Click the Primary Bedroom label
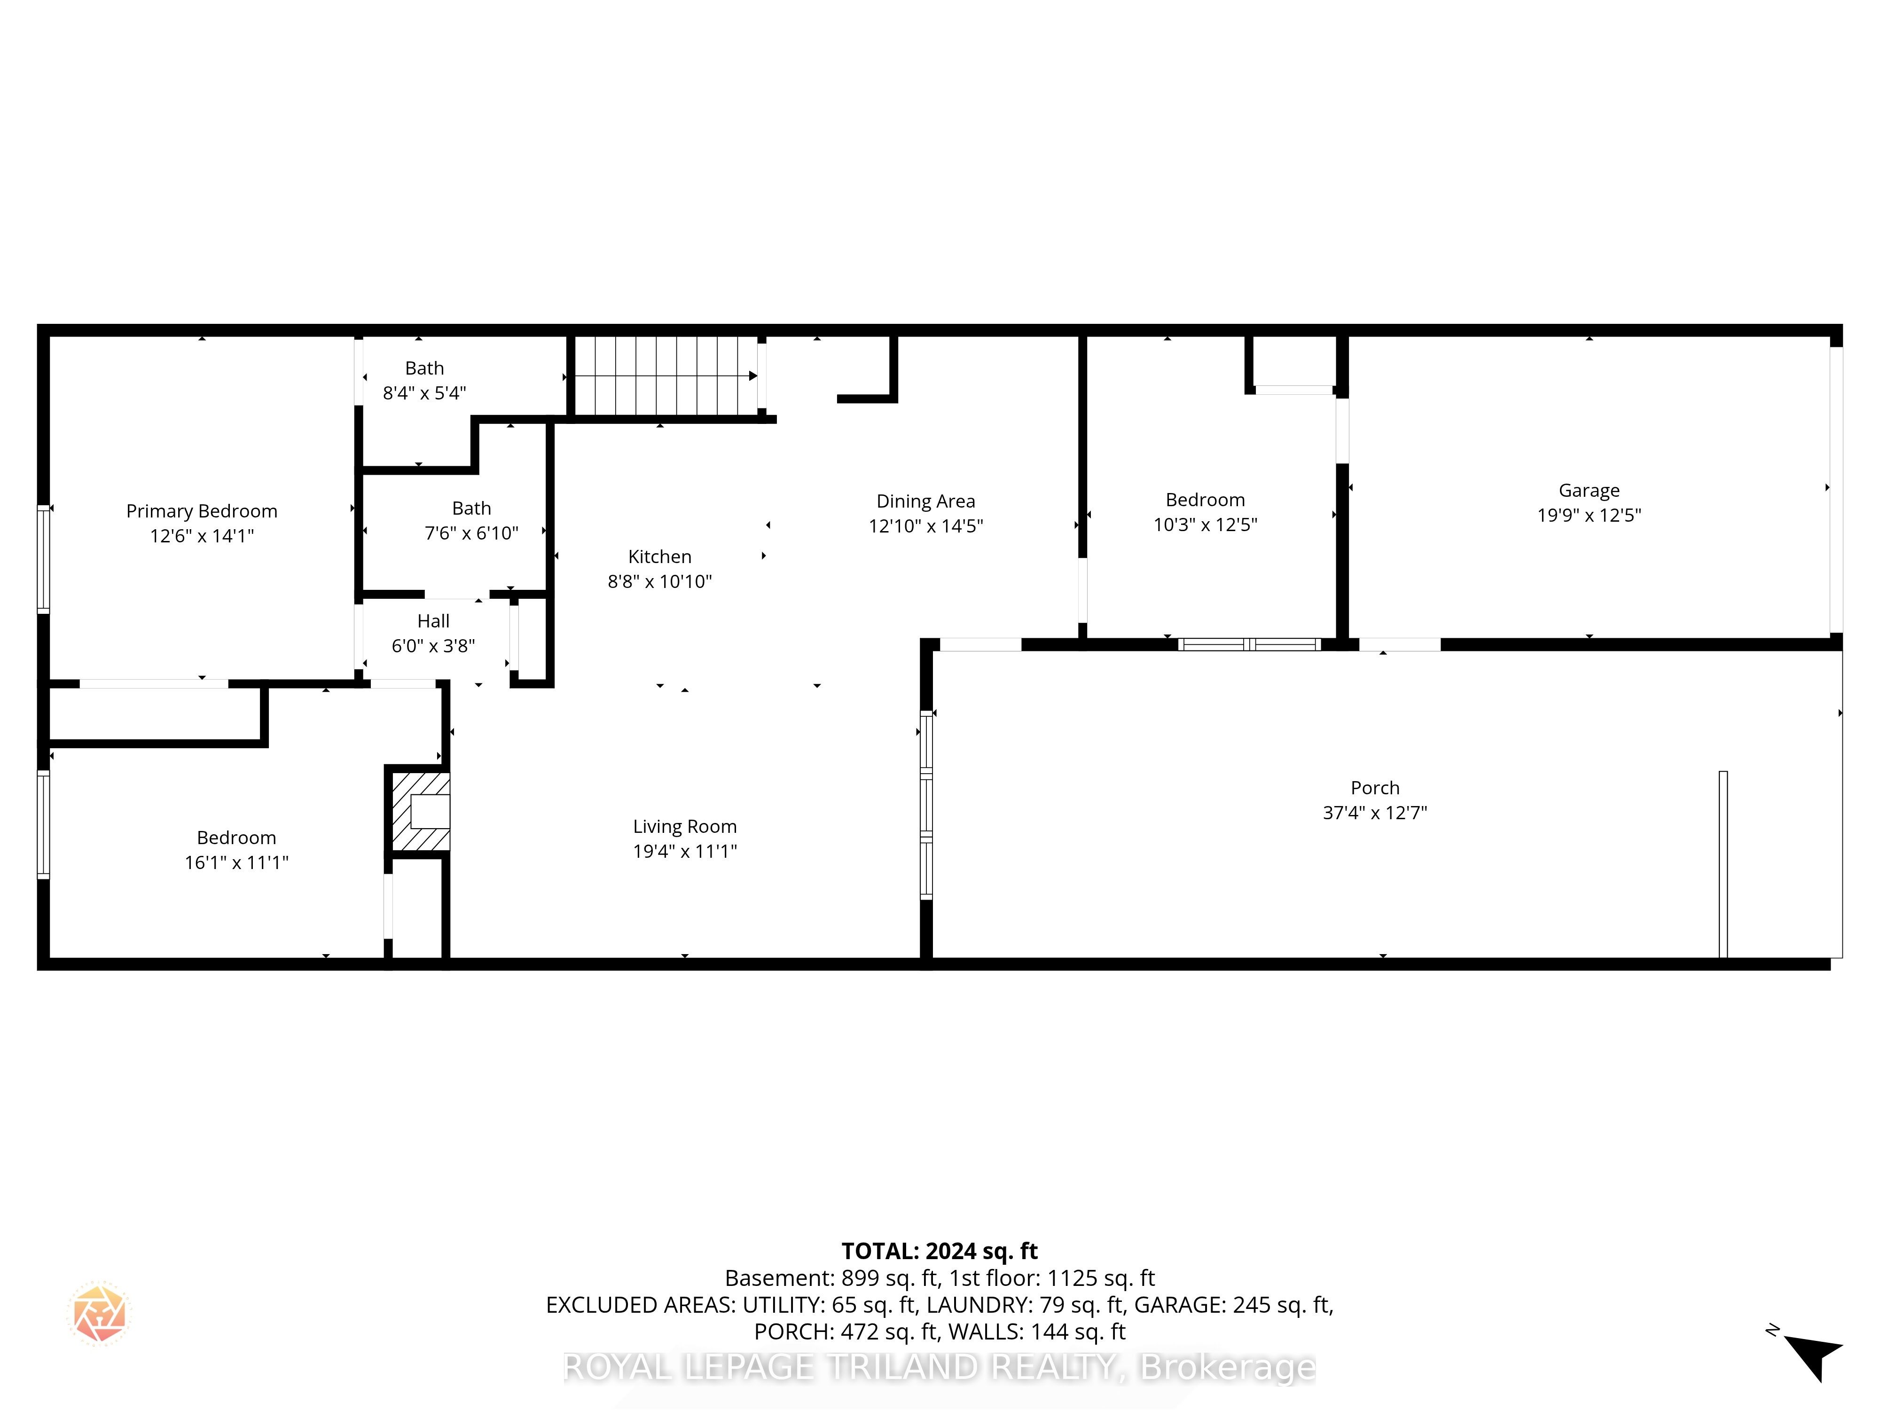pos(202,511)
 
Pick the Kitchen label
pos(659,556)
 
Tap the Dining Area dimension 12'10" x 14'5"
pos(925,526)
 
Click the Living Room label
pos(684,826)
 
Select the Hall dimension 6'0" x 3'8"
pos(433,646)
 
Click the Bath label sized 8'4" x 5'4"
pos(424,368)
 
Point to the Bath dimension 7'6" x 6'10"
pos(472,533)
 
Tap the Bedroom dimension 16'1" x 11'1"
pos(236,862)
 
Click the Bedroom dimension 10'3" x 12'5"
pos(1205,525)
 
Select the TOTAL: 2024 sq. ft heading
pos(939,1251)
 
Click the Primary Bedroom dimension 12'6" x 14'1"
pos(202,535)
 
